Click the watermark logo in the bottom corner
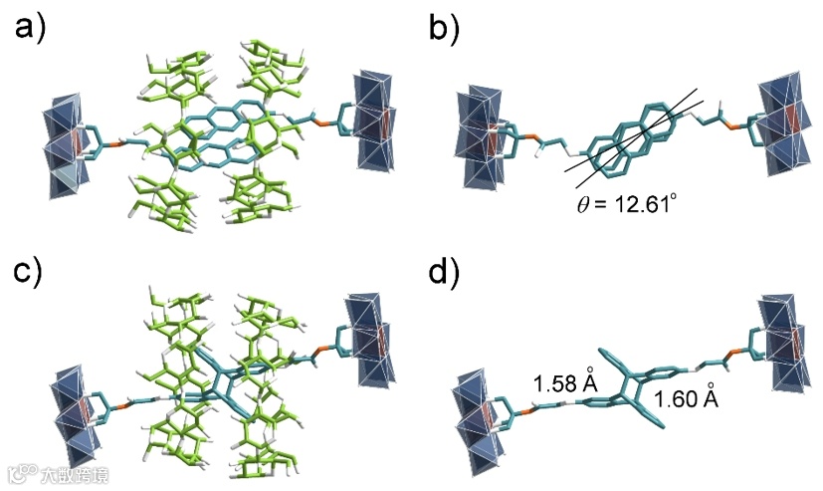click(x=22, y=474)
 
